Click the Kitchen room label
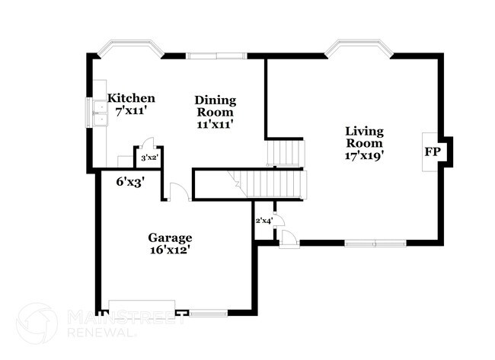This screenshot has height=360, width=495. [131, 98]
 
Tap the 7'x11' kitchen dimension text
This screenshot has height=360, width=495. [131, 111]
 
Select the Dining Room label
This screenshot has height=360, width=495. [216, 105]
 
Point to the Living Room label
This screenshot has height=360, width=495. [363, 136]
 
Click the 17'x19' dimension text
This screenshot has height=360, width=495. [363, 155]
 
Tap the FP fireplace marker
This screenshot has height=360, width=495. [432, 151]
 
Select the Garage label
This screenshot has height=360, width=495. [170, 237]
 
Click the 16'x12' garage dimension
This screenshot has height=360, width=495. [170, 249]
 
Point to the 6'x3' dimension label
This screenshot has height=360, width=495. [130, 181]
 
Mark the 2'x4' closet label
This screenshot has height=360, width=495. [263, 221]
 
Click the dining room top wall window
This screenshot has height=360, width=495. [217, 55]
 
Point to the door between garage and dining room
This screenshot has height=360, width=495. [179, 193]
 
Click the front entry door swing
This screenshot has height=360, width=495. [289, 238]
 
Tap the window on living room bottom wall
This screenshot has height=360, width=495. [374, 244]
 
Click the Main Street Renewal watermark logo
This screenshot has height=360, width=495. [37, 323]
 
